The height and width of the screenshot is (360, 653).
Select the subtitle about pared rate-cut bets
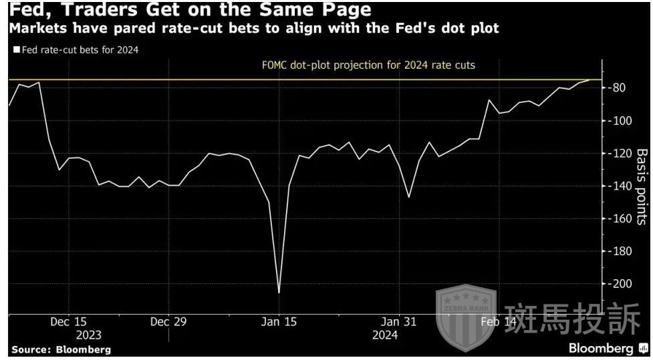click(253, 30)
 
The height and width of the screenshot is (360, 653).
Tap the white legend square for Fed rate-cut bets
click(16, 49)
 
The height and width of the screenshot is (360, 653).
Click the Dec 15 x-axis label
click(68, 322)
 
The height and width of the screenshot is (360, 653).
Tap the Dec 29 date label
click(168, 322)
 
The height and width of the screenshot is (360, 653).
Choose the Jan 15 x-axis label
click(278, 322)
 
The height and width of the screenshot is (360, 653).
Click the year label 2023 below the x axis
click(89, 335)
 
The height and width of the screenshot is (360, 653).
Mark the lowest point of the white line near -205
click(278, 292)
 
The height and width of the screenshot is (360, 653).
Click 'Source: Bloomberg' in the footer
click(61, 349)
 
